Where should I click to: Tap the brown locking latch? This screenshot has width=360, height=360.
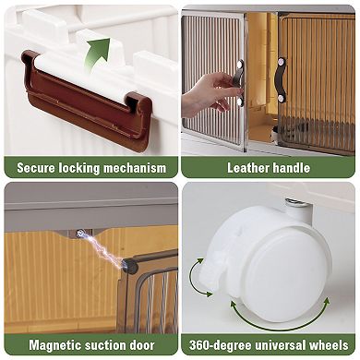tap(86, 99)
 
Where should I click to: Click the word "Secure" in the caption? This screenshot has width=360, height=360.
tap(36, 168)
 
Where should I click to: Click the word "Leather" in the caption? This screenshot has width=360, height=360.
tap(248, 168)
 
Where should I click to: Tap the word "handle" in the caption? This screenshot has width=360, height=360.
tap(291, 168)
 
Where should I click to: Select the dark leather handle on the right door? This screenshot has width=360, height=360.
tap(281, 79)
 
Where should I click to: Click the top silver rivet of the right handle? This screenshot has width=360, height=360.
tap(280, 62)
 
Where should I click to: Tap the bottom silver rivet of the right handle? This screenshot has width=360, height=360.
tap(281, 99)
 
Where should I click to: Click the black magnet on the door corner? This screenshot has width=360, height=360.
tap(129, 267)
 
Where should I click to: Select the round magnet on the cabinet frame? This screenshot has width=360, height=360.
tap(80, 234)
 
